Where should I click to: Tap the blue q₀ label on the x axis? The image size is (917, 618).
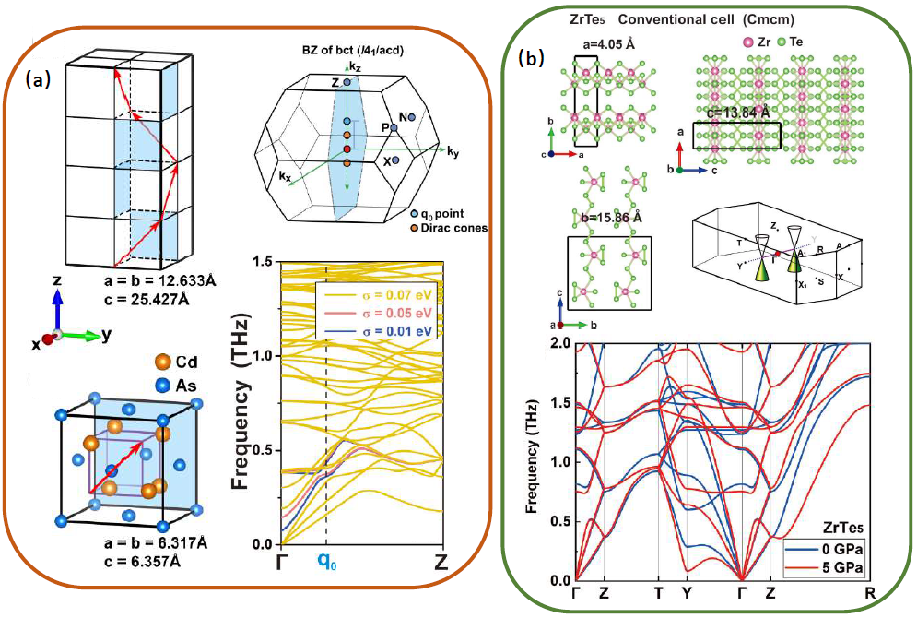(x=326, y=560)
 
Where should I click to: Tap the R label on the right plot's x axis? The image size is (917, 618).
(x=868, y=594)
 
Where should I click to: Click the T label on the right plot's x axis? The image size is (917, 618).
(x=658, y=594)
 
